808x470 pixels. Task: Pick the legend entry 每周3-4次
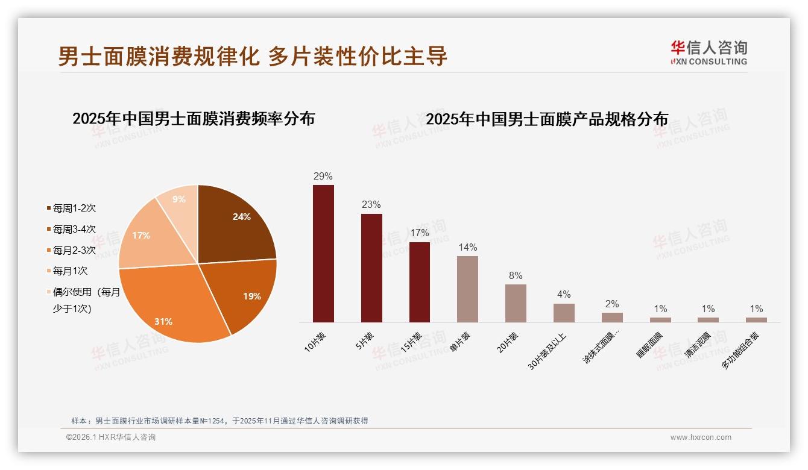point(74,229)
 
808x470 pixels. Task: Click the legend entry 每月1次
point(70,271)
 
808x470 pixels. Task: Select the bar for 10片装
point(323,253)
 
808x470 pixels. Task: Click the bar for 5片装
point(371,268)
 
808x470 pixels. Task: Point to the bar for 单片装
point(467,289)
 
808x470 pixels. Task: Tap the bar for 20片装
point(516,303)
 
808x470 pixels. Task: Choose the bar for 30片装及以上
point(564,313)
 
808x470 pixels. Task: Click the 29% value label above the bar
point(323,176)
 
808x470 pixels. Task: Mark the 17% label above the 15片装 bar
point(420,233)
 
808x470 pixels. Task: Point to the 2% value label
point(612,304)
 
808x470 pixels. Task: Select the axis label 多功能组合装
point(740,350)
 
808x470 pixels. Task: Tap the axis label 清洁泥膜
point(698,345)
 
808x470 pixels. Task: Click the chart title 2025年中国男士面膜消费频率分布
point(194,119)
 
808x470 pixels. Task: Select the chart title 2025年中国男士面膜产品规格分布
point(547,119)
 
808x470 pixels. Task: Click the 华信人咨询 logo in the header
point(709,52)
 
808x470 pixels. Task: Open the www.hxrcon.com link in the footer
point(701,437)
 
